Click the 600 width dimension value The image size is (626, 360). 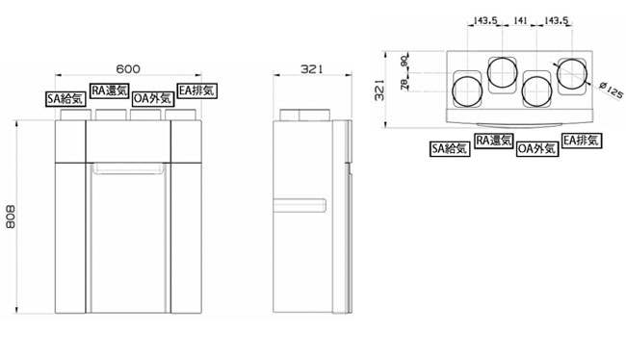click(128, 69)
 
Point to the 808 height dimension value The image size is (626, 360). click(11, 217)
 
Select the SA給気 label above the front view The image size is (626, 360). click(65, 98)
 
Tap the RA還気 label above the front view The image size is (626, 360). click(110, 90)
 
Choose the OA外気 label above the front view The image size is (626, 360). click(153, 98)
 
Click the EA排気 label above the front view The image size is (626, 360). click(196, 90)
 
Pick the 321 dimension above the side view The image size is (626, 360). click(311, 69)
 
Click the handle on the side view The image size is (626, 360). click(300, 205)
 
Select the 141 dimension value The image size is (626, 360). click(520, 20)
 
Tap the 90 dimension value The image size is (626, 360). click(404, 62)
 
